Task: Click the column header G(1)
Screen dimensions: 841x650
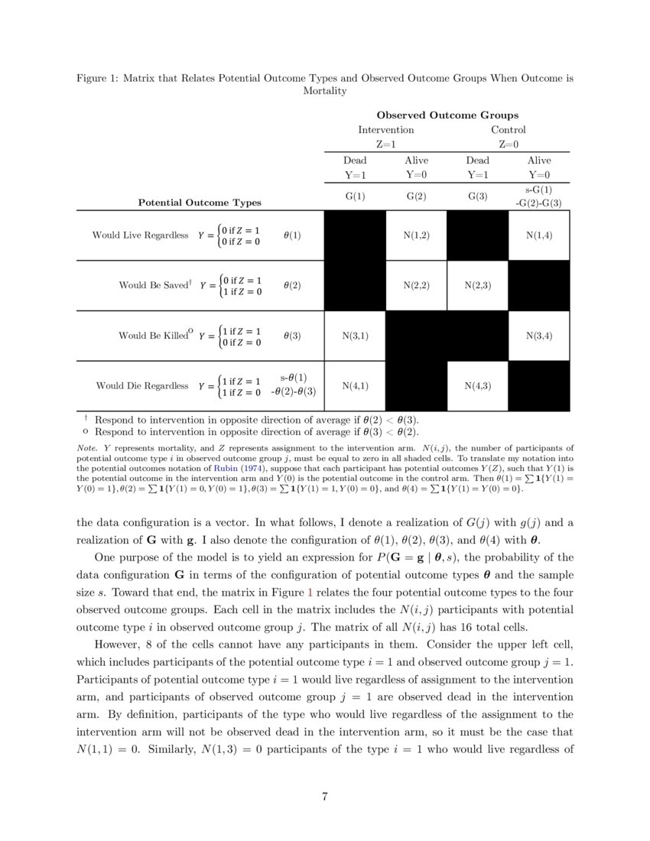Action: [355, 196]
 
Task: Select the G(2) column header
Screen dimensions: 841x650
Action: [416, 196]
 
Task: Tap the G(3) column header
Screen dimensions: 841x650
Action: [477, 196]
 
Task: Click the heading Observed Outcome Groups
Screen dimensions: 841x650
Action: [447, 115]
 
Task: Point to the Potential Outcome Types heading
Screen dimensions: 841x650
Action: [200, 203]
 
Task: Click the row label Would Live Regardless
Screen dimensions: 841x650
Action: [140, 235]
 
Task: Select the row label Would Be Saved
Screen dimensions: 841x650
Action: [153, 285]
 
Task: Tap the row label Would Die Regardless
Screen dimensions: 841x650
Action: [141, 385]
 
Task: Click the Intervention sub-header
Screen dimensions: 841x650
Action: [386, 130]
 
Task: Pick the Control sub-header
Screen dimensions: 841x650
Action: [508, 130]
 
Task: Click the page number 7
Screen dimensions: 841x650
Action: [325, 797]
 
